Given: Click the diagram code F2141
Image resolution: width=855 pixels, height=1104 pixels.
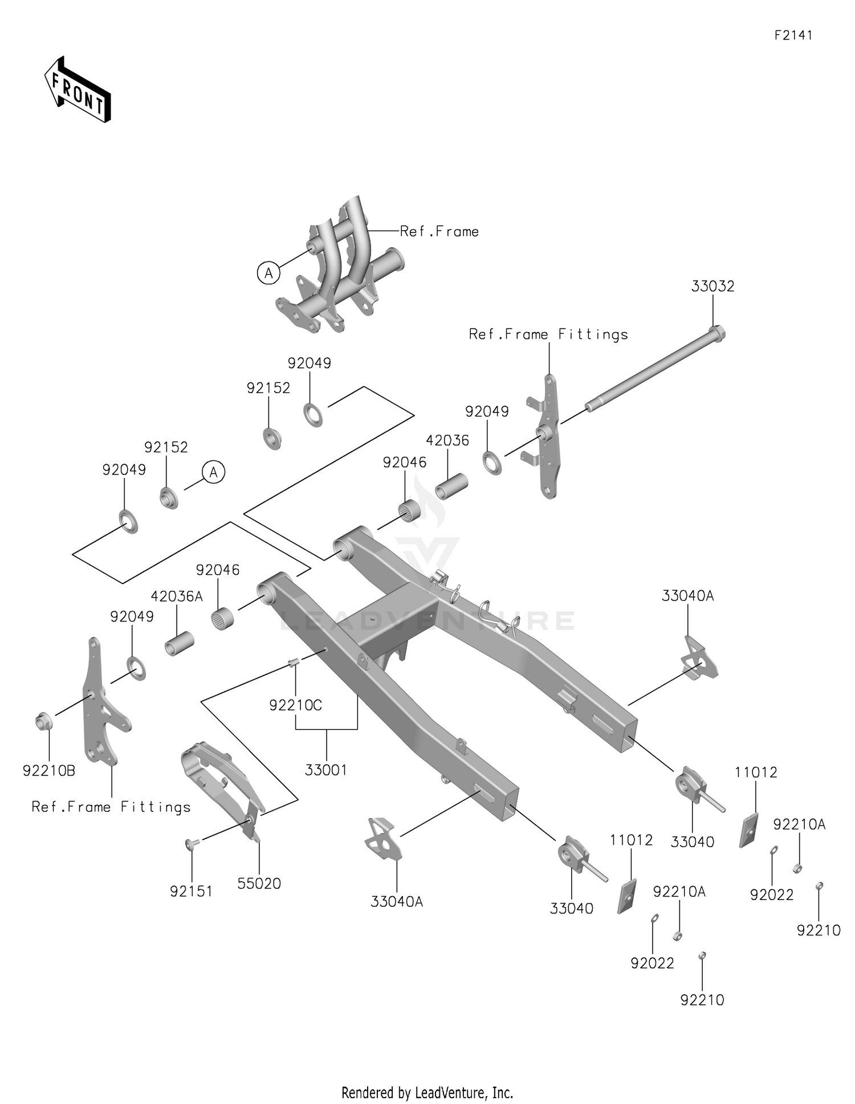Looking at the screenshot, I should point(793,35).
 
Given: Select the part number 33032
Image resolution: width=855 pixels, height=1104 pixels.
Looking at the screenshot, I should point(712,286).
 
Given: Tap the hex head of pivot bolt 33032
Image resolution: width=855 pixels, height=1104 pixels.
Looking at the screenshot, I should point(718,333).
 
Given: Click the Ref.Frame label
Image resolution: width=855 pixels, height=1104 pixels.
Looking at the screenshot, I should point(439,231).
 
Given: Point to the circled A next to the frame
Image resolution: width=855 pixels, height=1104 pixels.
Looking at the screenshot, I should point(268,273).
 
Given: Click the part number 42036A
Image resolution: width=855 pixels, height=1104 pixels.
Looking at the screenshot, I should point(177,596).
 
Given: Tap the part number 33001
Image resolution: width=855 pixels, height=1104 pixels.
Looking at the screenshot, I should point(325,770).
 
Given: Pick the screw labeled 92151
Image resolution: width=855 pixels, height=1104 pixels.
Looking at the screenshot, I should point(190,843).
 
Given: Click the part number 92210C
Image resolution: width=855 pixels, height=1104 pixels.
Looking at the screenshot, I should point(295,705).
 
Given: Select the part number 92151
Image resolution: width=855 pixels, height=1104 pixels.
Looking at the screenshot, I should point(191,891).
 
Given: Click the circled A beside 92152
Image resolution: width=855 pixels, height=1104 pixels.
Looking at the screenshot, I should point(214,472).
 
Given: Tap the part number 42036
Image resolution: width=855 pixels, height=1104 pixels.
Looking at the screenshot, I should point(447,440).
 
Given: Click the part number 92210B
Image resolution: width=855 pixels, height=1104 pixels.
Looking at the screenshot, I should point(49,771).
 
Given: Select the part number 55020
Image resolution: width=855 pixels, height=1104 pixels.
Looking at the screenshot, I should point(259,883).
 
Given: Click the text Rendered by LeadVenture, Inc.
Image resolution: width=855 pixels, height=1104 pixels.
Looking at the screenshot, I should point(427,1092).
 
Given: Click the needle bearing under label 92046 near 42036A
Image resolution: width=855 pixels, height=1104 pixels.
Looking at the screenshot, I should point(223,619).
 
